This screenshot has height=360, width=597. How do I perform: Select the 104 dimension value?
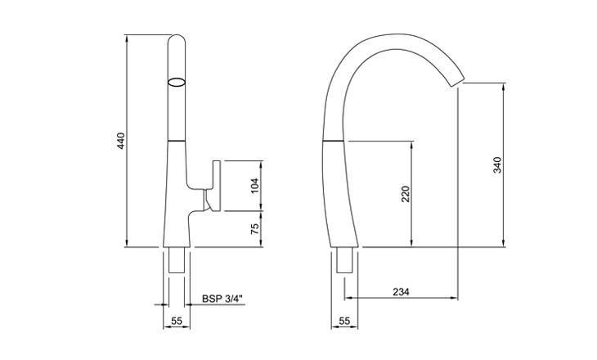[254, 187]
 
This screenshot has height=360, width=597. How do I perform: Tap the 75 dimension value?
[254, 230]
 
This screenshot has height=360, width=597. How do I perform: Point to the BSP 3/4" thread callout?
[223, 299]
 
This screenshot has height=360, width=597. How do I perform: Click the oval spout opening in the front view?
[177, 82]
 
